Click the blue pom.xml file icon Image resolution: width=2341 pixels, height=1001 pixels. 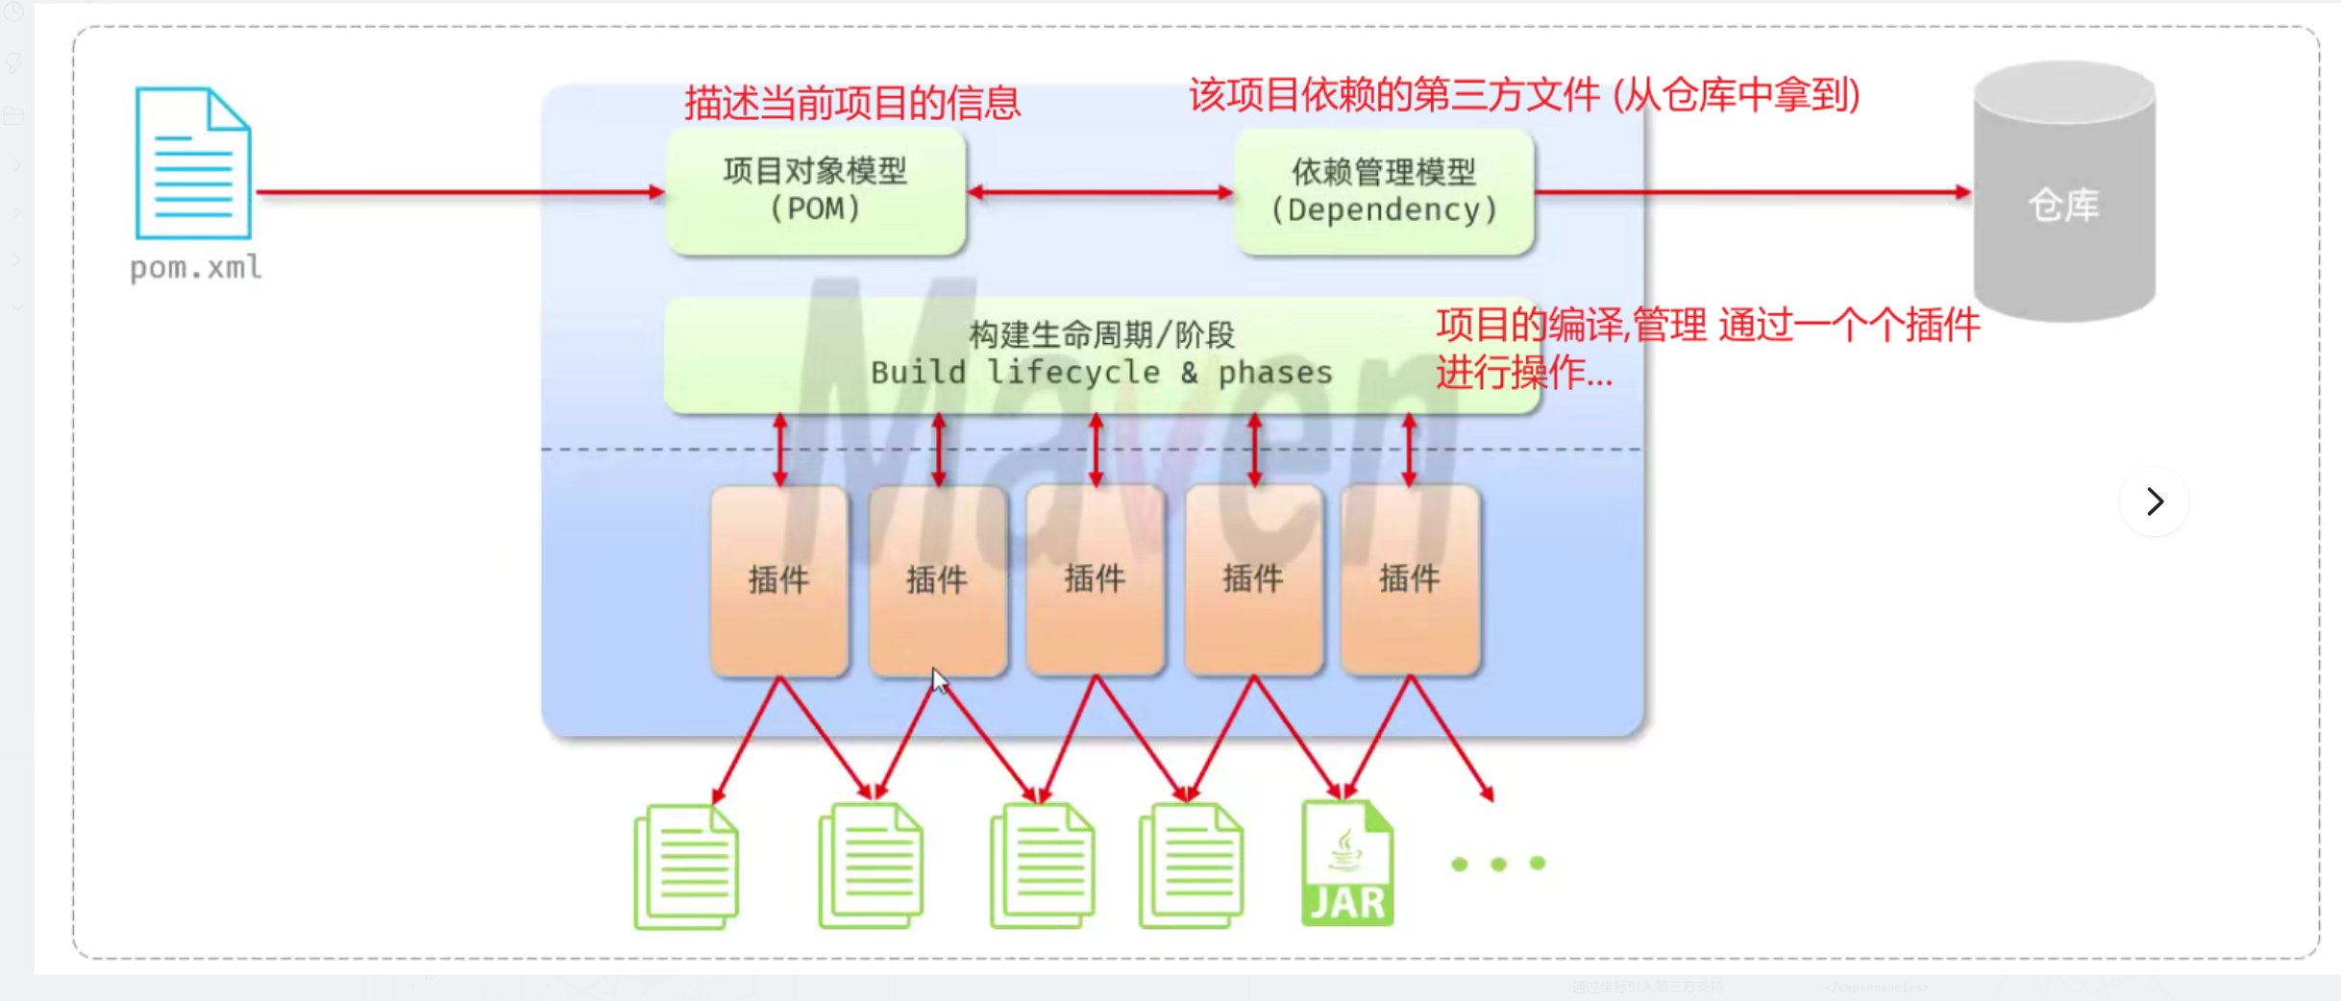[x=193, y=162]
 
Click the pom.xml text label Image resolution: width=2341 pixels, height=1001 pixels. [x=196, y=267]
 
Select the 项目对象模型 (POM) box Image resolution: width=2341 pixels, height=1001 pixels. [x=816, y=191]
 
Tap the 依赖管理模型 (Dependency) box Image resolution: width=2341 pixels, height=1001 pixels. [x=1384, y=192]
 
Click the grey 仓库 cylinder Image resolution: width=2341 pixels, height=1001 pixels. [x=2063, y=192]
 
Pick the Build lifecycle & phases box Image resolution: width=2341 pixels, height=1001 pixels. [x=1101, y=354]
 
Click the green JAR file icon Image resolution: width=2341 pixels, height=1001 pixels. [x=1347, y=864]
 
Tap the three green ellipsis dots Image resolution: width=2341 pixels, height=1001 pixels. [x=1498, y=864]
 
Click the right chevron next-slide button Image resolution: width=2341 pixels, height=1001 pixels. [x=2155, y=500]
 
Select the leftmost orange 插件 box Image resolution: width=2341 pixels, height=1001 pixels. [x=779, y=579]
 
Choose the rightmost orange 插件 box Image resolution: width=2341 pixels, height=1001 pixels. [x=1410, y=579]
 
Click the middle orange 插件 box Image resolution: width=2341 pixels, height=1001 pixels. [x=1095, y=579]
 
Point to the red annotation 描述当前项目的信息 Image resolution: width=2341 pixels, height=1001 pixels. [x=852, y=103]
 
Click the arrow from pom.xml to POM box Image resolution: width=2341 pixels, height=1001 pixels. [x=461, y=192]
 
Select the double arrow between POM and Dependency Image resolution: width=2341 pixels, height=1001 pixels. [x=1100, y=192]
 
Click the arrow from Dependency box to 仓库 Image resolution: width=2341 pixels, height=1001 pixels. [x=1753, y=192]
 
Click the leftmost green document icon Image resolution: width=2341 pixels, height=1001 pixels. [x=686, y=866]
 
